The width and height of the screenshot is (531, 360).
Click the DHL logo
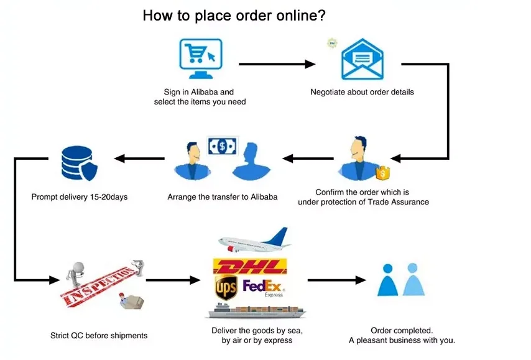(250, 267)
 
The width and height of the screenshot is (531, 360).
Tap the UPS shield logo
(226, 288)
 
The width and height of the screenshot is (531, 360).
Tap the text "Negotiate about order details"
(362, 92)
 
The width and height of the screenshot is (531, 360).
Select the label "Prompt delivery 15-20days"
(79, 198)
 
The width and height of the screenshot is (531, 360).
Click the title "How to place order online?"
(234, 16)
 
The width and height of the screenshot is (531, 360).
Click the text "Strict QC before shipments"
(99, 336)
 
